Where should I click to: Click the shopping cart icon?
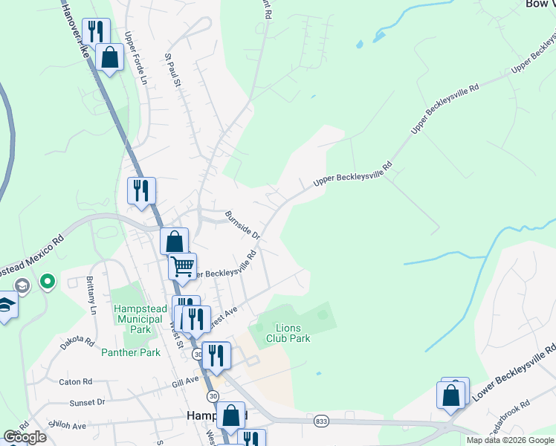pos(182,265)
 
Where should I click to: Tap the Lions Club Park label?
pos(292,333)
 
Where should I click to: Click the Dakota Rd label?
pos(77,343)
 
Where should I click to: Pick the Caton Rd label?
pos(75,381)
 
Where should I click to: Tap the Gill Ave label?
pos(186,381)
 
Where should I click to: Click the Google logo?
pos(25,436)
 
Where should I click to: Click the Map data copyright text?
pos(510,440)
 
